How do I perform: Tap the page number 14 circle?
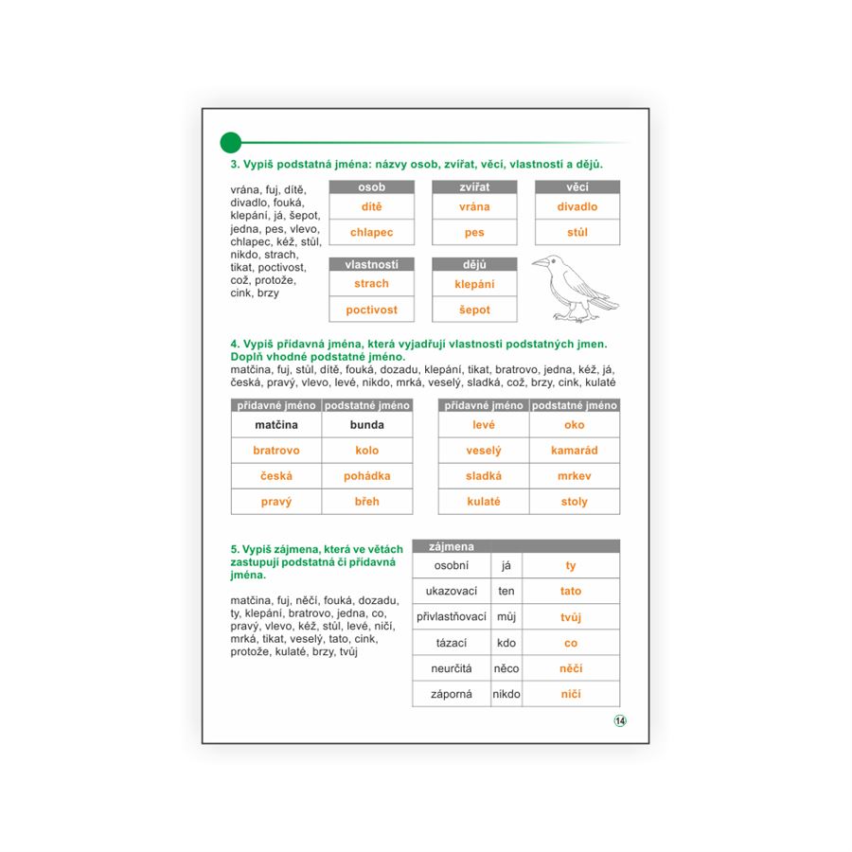[620, 720]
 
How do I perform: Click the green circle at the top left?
[230, 143]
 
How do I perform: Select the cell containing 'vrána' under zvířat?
[474, 206]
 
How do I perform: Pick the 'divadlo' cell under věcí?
[577, 206]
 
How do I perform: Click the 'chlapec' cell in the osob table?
[371, 232]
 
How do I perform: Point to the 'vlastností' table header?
[371, 264]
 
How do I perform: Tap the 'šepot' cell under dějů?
[474, 310]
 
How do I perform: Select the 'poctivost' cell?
[371, 310]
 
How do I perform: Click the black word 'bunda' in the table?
[367, 425]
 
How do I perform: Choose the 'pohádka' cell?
[367, 476]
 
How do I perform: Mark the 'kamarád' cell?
[575, 451]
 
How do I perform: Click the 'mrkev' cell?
[575, 476]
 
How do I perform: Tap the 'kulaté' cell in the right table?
[483, 502]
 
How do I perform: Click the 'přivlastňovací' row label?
[451, 617]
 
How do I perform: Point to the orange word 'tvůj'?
[571, 617]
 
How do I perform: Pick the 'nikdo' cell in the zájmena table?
[506, 694]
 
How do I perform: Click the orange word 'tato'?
[571, 592]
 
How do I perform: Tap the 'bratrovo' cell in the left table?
[276, 451]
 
